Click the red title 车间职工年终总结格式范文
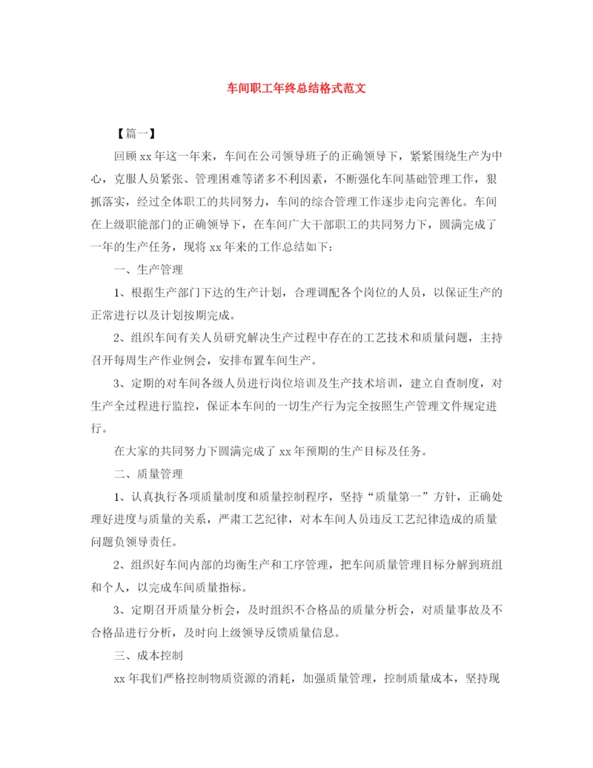(296, 88)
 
